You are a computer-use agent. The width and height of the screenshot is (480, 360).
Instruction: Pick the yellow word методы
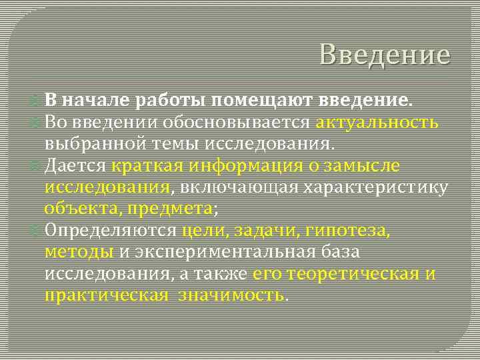(79, 252)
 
